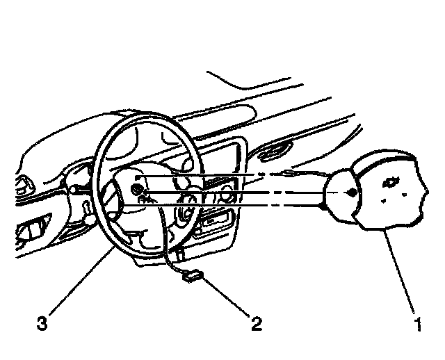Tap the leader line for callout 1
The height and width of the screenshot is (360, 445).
399,271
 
